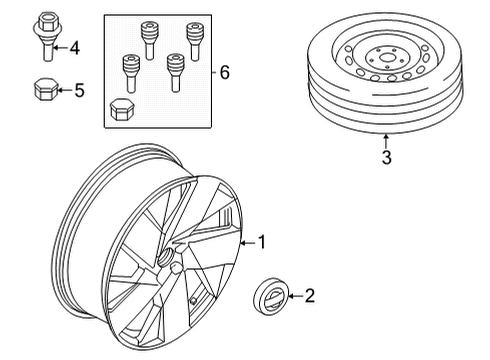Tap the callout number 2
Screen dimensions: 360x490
pyautogui.click(x=309, y=295)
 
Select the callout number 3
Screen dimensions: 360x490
pyautogui.click(x=386, y=157)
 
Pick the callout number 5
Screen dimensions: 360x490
pyautogui.click(x=80, y=91)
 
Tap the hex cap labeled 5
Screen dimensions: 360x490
pyautogui.click(x=46, y=90)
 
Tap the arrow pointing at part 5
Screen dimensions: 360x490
pyautogui.click(x=65, y=91)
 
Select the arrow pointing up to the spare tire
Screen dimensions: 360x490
pyautogui.click(x=386, y=140)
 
